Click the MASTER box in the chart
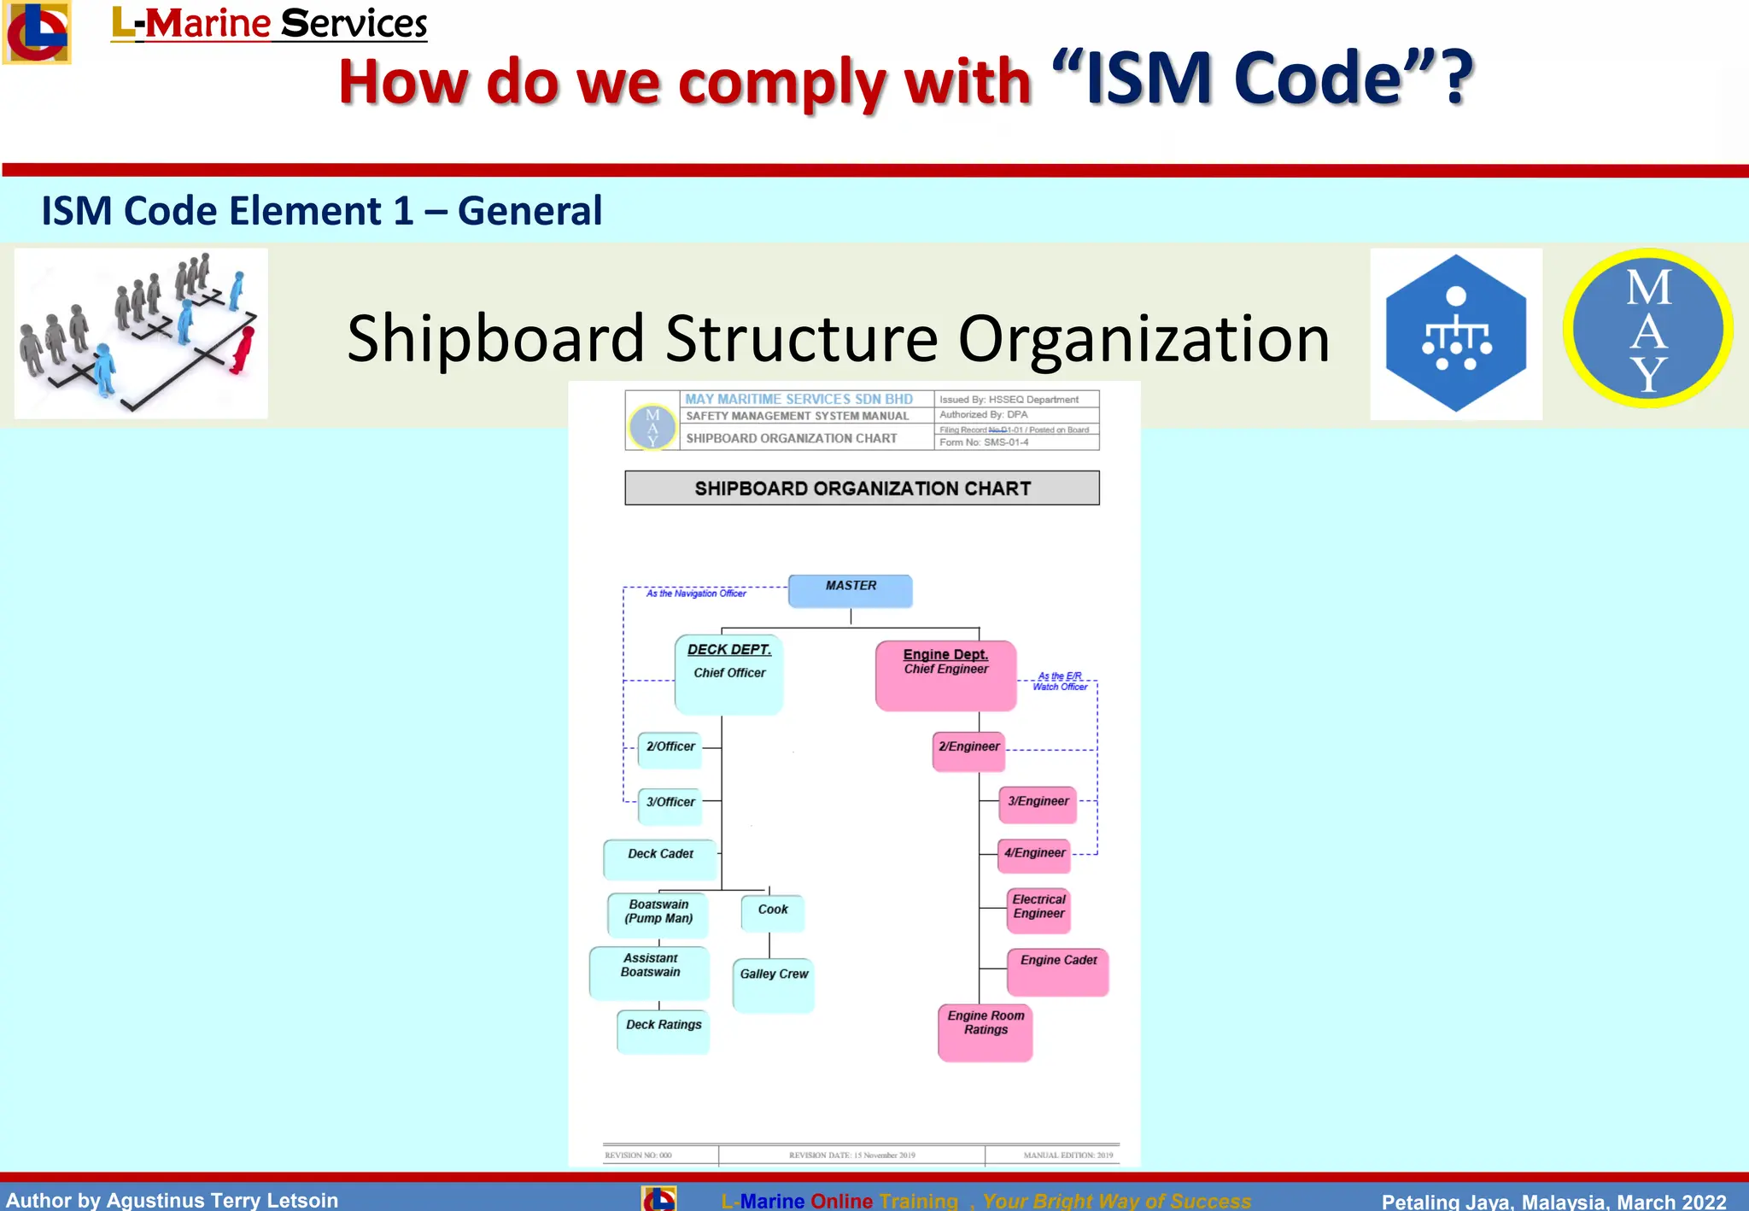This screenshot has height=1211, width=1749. coord(850,590)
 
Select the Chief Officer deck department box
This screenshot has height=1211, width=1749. coord(728,674)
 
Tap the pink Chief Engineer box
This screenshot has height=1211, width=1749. coord(945,676)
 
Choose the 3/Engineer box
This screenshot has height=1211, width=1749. coord(1038,804)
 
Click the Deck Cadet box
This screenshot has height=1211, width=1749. coord(660,858)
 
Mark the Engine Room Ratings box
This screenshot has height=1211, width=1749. coord(986,1032)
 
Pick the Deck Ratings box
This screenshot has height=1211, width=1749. coord(664,1031)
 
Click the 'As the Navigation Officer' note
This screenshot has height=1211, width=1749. coord(696,594)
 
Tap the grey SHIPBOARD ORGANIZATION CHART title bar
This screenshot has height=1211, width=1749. coord(862,488)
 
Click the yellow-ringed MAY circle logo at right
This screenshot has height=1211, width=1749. coord(1647,329)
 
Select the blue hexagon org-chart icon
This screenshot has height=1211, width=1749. coord(1455,334)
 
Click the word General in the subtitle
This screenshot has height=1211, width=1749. coord(529,211)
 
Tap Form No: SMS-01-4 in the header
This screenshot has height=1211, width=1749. coord(984,442)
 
